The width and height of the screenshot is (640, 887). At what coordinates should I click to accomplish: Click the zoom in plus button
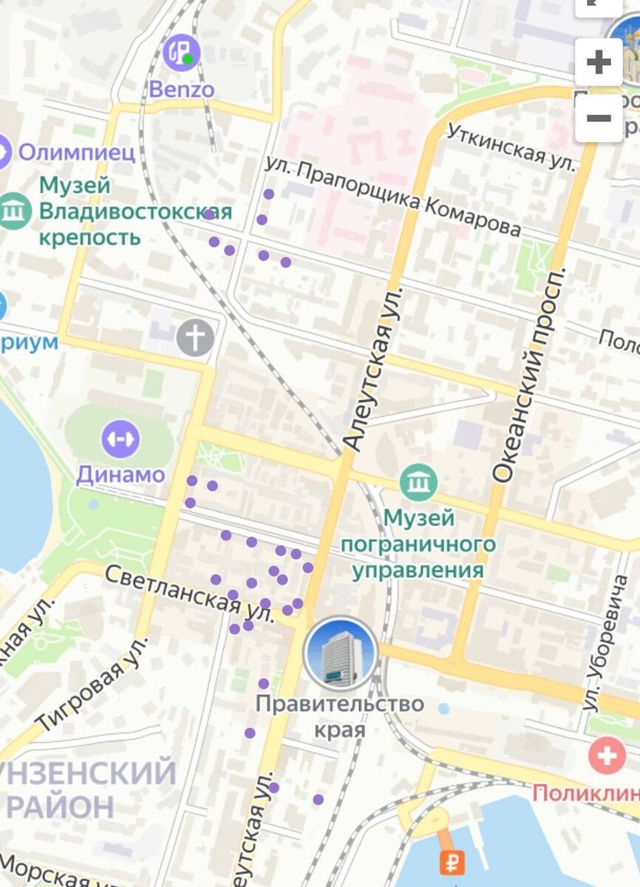point(598,62)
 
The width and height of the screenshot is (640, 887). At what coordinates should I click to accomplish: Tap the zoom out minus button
point(598,118)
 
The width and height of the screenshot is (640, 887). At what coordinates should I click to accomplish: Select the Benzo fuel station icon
point(181,53)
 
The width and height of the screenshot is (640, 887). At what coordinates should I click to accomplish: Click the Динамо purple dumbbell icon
point(120,439)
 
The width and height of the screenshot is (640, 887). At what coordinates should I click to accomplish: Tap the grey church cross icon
point(195,339)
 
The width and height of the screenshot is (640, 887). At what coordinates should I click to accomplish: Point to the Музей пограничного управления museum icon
point(418,482)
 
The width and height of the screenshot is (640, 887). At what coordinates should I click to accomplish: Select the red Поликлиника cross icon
point(607,756)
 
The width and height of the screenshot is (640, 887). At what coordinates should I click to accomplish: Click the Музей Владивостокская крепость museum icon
point(14,211)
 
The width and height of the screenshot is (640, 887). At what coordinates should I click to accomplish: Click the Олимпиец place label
point(76,152)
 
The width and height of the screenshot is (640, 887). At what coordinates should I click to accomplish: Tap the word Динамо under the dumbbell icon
point(120,475)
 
